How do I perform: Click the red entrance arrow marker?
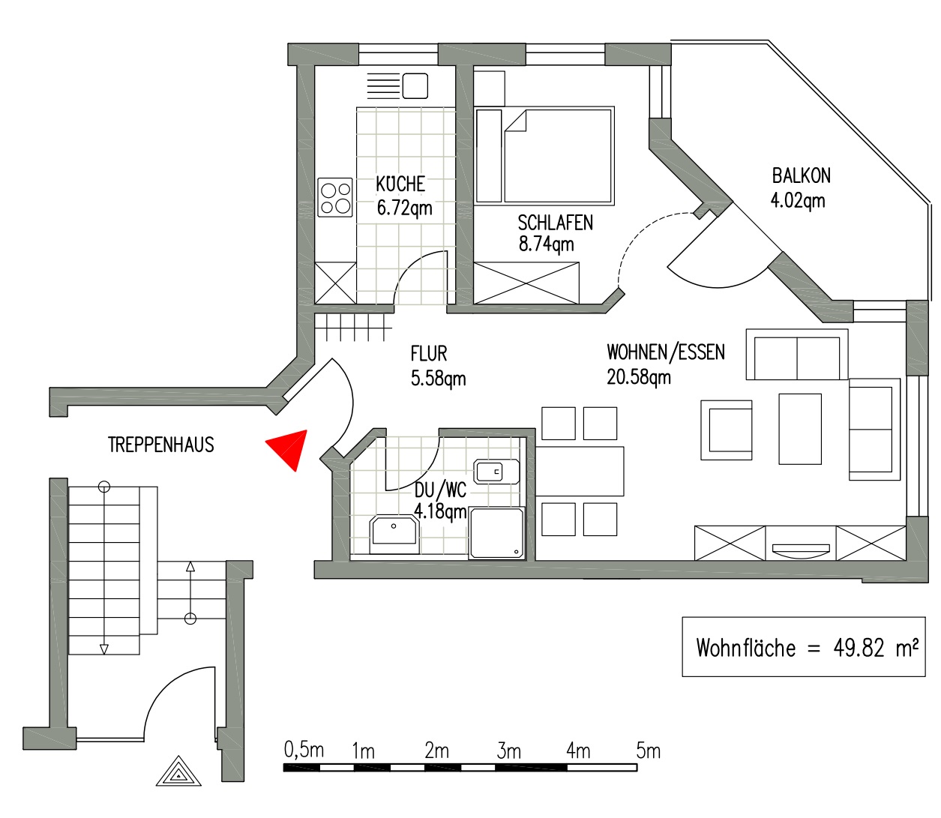[289, 448]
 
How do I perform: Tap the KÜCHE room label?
[400, 184]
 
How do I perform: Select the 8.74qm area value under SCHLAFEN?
[547, 244]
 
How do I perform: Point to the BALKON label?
[802, 175]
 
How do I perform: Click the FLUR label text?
[429, 354]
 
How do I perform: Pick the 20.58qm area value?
[639, 377]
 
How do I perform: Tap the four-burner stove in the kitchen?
[335, 197]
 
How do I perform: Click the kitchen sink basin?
[415, 86]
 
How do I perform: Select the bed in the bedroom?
[545, 155]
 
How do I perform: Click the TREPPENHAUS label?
[161, 445]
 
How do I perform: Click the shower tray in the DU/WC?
[496, 533]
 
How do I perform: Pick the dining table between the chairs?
[580, 471]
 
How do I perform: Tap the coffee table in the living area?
[800, 429]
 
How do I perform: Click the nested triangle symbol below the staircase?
[178, 771]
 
